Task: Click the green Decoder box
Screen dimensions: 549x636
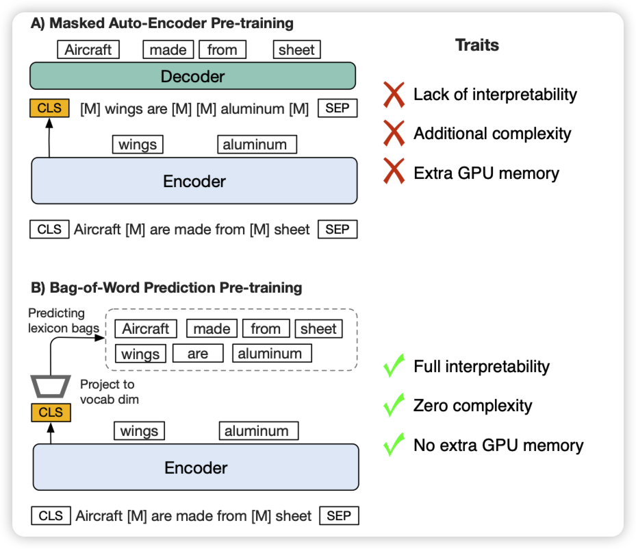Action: [x=192, y=76]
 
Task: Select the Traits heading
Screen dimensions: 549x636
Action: [x=477, y=46]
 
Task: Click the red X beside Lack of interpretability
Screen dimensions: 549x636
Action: [x=394, y=95]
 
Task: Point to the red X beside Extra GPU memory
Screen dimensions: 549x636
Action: [x=394, y=172]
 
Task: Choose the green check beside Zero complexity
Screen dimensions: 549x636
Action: [x=394, y=405]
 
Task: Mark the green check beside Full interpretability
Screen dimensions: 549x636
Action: [x=394, y=366]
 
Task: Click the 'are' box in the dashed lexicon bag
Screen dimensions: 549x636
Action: [x=198, y=354]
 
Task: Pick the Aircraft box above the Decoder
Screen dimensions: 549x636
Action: [x=88, y=49]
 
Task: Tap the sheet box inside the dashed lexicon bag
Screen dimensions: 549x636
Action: [x=318, y=329]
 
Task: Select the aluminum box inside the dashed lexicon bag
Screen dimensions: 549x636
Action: [x=272, y=354]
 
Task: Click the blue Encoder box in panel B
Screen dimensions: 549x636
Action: [x=196, y=468]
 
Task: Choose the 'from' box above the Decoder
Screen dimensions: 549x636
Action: [x=222, y=49]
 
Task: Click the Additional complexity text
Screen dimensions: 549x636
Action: [x=492, y=133]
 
